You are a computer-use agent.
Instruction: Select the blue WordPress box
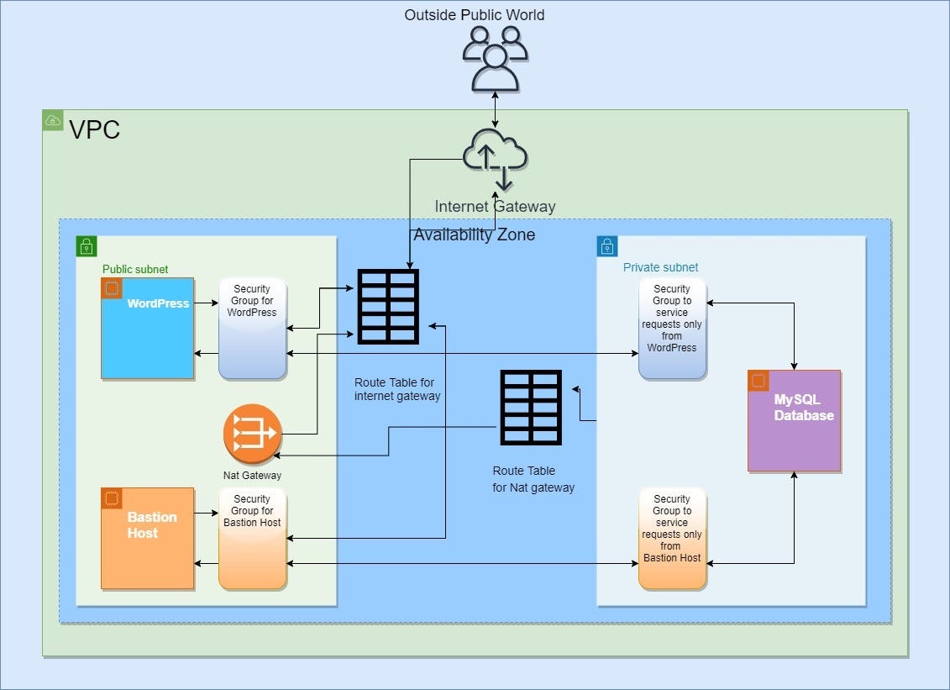[148, 328]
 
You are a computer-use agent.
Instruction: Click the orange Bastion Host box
[148, 538]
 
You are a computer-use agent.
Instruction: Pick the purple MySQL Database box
[794, 420]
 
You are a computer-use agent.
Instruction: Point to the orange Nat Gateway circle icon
[251, 434]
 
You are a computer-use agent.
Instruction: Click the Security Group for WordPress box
[252, 329]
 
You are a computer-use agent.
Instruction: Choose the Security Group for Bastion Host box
[252, 539]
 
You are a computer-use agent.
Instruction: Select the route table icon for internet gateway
[387, 307]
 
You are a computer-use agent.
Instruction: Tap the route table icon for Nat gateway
[530, 408]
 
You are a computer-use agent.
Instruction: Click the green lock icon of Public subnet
[87, 246]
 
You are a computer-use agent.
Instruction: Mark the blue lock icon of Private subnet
[607, 246]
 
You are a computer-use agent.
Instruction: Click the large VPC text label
[94, 130]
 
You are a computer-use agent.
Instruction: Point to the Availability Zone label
[474, 234]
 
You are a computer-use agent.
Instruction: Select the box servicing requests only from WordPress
[672, 329]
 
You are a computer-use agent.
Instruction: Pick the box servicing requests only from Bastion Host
[672, 539]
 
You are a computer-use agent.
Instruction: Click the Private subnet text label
[660, 267]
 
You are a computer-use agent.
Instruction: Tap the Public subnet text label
[135, 270]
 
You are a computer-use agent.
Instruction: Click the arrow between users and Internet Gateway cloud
[495, 110]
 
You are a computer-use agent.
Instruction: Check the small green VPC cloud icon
[52, 120]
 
